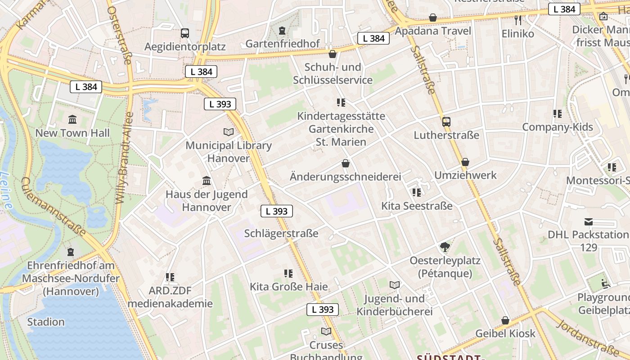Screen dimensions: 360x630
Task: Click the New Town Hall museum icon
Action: click(x=72, y=120)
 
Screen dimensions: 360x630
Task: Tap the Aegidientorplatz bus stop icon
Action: click(x=185, y=33)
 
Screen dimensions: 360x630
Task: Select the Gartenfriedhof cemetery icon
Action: click(x=282, y=31)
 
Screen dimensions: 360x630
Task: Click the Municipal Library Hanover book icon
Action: click(x=229, y=132)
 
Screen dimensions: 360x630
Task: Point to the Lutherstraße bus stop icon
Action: click(x=446, y=122)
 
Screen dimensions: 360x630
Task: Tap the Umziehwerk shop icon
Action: click(x=465, y=162)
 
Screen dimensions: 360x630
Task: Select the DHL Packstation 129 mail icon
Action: click(x=588, y=221)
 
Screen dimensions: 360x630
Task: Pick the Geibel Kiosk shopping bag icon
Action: click(x=505, y=320)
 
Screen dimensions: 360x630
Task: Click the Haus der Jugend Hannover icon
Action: click(x=207, y=181)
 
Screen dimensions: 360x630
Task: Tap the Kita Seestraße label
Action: click(x=417, y=206)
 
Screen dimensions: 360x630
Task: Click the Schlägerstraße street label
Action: click(x=281, y=234)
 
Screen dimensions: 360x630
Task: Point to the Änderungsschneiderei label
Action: click(x=345, y=176)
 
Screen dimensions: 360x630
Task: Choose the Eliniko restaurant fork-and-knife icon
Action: click(x=518, y=20)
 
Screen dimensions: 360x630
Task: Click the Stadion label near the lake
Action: click(x=46, y=322)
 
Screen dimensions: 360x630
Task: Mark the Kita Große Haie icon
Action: click(x=288, y=274)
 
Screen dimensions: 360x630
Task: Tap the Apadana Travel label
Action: click(x=433, y=31)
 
